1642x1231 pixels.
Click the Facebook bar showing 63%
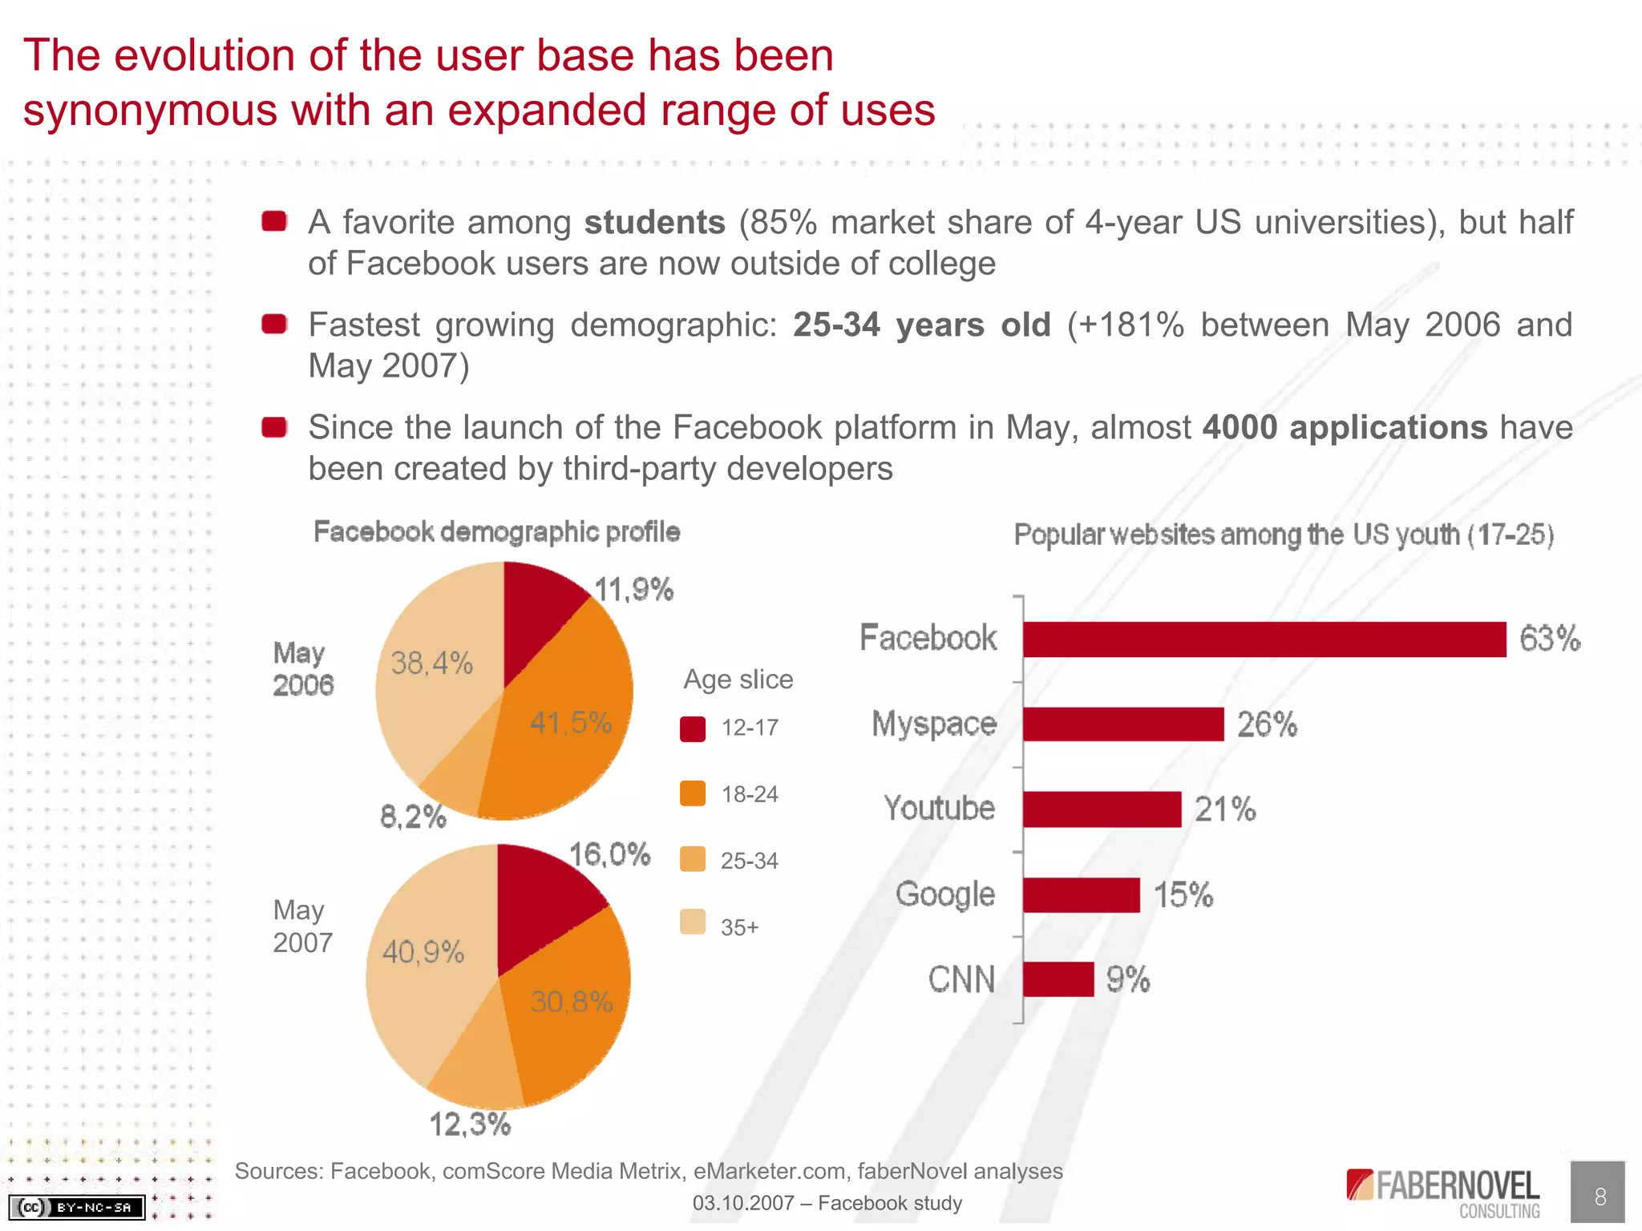(x=1264, y=640)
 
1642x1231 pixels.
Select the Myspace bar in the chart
(x=1123, y=724)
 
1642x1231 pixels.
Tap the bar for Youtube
(x=1102, y=809)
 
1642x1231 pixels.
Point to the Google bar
(x=1081, y=895)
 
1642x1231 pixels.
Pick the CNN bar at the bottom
(x=1058, y=979)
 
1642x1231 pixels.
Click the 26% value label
(x=1267, y=724)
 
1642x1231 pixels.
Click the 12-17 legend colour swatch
(x=693, y=729)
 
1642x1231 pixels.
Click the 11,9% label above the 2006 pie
(x=633, y=590)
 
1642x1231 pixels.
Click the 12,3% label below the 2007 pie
(x=470, y=1124)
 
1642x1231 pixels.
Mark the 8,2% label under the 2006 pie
(x=413, y=817)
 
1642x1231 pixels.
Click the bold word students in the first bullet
(x=654, y=222)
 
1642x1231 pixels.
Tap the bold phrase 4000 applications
(x=1345, y=427)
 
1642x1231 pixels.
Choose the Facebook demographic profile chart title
(x=496, y=532)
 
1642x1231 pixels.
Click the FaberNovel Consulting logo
(x=1443, y=1193)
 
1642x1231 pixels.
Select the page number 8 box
(x=1597, y=1193)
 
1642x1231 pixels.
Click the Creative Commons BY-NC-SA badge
(x=77, y=1206)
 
